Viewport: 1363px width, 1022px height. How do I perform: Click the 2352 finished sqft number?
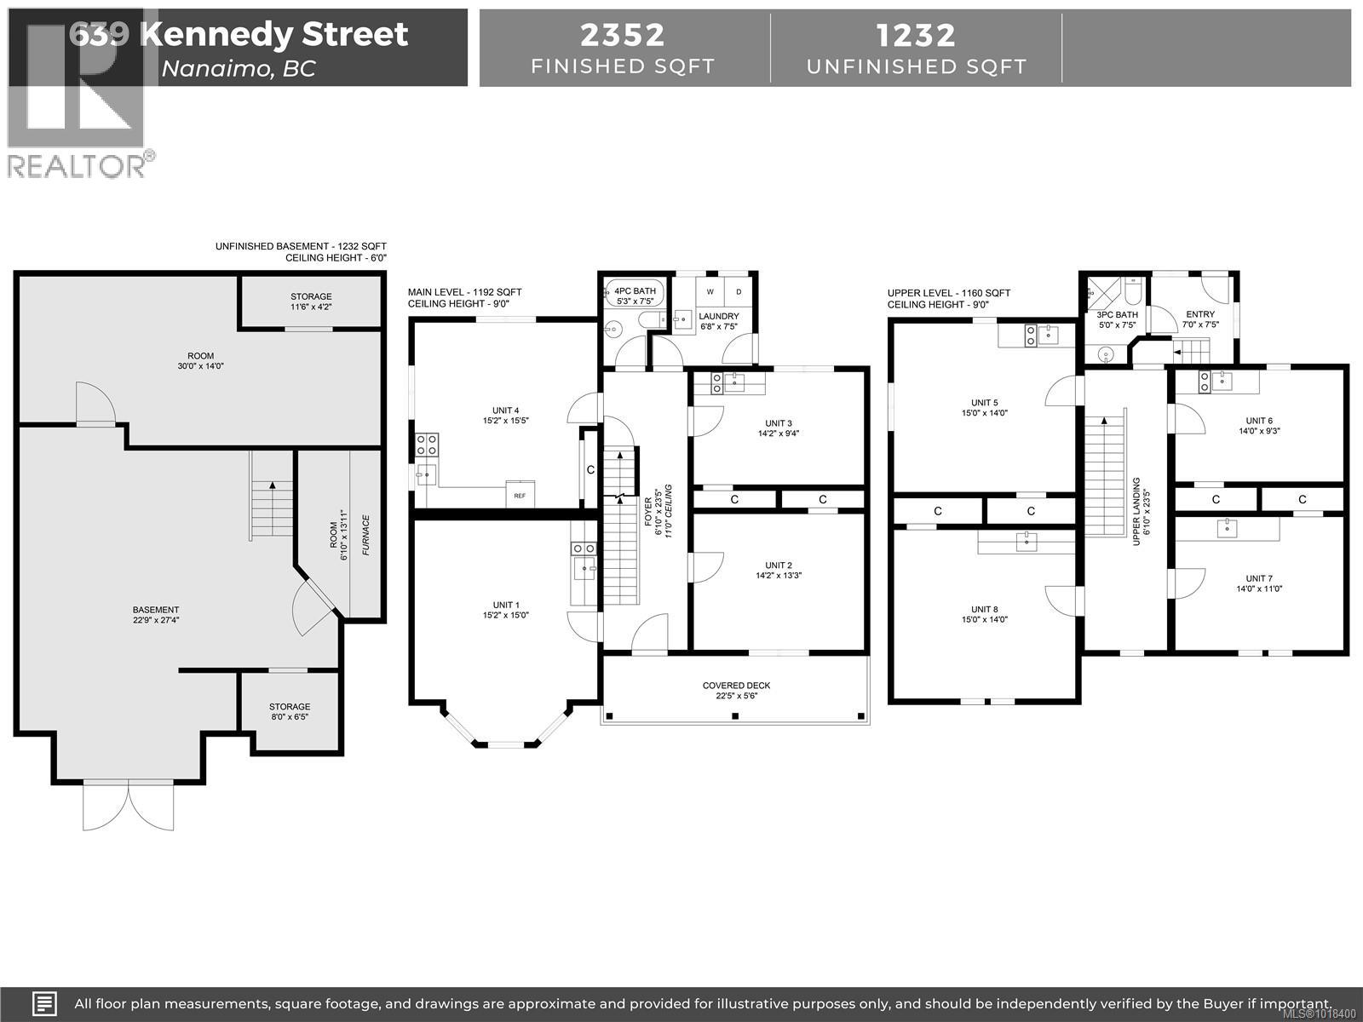tap(623, 35)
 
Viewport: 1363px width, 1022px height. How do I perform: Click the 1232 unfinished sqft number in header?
tap(916, 35)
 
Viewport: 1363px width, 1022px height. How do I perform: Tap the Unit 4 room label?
tap(505, 411)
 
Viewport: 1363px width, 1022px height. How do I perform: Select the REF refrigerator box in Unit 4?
tap(520, 495)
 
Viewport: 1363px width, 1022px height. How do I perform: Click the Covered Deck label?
tap(736, 686)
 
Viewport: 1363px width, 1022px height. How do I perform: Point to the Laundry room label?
tap(719, 316)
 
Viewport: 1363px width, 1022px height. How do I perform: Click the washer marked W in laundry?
tap(710, 292)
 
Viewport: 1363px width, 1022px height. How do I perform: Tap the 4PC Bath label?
tap(635, 291)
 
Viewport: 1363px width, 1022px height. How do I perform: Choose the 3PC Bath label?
tap(1117, 315)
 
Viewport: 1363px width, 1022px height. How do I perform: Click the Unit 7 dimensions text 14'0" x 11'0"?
tap(1259, 589)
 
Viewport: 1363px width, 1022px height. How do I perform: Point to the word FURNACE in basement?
tap(365, 536)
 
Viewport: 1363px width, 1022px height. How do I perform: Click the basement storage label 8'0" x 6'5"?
tap(290, 717)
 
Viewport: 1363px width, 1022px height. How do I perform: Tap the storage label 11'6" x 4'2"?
tap(311, 307)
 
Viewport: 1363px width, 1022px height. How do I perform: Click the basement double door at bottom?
tap(128, 805)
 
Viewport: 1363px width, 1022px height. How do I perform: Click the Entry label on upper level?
tap(1200, 314)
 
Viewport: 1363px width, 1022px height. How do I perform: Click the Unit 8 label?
tap(984, 609)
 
